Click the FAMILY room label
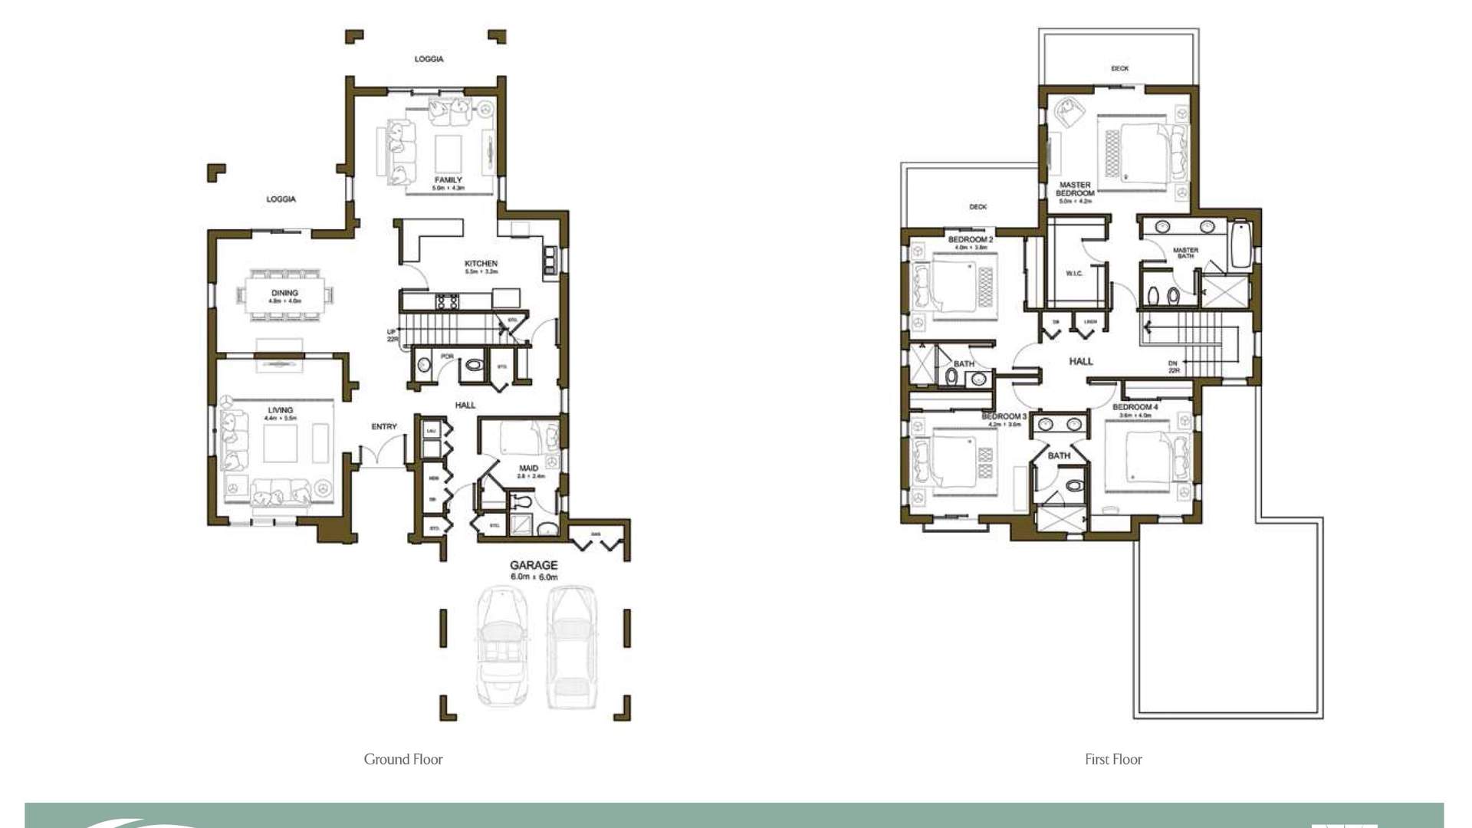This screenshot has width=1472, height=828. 449,180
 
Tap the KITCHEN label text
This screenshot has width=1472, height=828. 481,264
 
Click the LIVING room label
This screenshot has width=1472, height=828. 280,410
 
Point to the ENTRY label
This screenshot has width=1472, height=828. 384,427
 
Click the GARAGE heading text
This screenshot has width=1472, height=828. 534,566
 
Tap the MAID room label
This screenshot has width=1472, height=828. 528,468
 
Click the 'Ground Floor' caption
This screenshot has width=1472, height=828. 403,760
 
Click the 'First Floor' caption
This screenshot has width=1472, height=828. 1113,760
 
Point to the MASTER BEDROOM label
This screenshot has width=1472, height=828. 1075,189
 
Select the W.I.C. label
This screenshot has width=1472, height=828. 1074,274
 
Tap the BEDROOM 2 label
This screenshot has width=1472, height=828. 970,240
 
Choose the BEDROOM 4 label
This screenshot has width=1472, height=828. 1135,407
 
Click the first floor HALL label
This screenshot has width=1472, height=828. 1081,361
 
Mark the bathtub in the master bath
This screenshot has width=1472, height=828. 1240,245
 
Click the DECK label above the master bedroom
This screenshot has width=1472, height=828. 1119,69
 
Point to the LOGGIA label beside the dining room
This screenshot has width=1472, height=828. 281,199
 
